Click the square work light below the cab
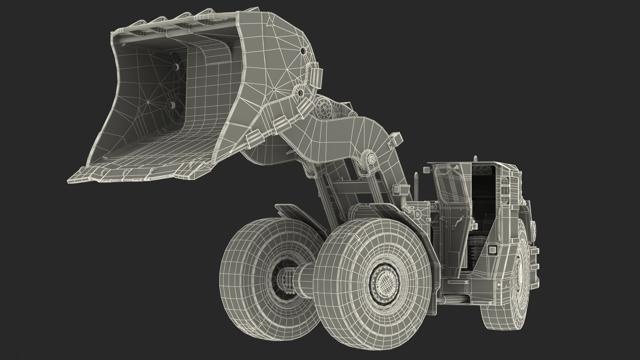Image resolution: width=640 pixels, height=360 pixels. [492, 250]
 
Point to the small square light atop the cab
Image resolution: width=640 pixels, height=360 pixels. [426, 170]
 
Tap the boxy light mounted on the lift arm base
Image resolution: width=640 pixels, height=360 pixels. [398, 189]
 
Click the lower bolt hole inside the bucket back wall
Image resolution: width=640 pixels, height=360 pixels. [172, 105]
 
